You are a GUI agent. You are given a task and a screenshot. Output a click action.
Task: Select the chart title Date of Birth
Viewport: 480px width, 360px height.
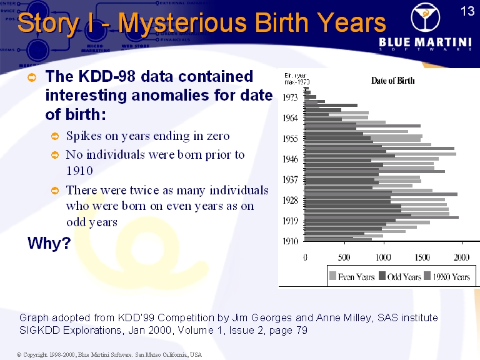pyautogui.click(x=392, y=80)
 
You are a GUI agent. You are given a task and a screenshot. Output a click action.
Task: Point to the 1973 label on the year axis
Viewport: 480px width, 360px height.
pyautogui.click(x=290, y=97)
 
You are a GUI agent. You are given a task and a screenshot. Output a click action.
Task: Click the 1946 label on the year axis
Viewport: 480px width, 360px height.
pyautogui.click(x=290, y=159)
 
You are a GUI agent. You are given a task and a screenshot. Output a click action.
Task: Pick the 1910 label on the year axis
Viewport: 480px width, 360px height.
pyautogui.click(x=290, y=241)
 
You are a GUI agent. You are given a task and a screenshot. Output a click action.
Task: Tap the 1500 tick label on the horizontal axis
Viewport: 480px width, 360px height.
pyautogui.click(x=422, y=257)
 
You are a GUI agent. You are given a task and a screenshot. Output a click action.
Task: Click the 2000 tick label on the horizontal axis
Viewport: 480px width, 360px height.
pyautogui.click(x=462, y=257)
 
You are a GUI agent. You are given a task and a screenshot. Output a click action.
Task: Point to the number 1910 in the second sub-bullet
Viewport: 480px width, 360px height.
pyautogui.click(x=79, y=171)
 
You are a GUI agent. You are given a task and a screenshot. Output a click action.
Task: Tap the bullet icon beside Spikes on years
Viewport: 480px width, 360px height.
pyautogui.click(x=55, y=136)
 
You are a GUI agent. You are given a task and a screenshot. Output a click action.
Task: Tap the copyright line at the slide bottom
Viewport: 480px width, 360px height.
pyautogui.click(x=109, y=354)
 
